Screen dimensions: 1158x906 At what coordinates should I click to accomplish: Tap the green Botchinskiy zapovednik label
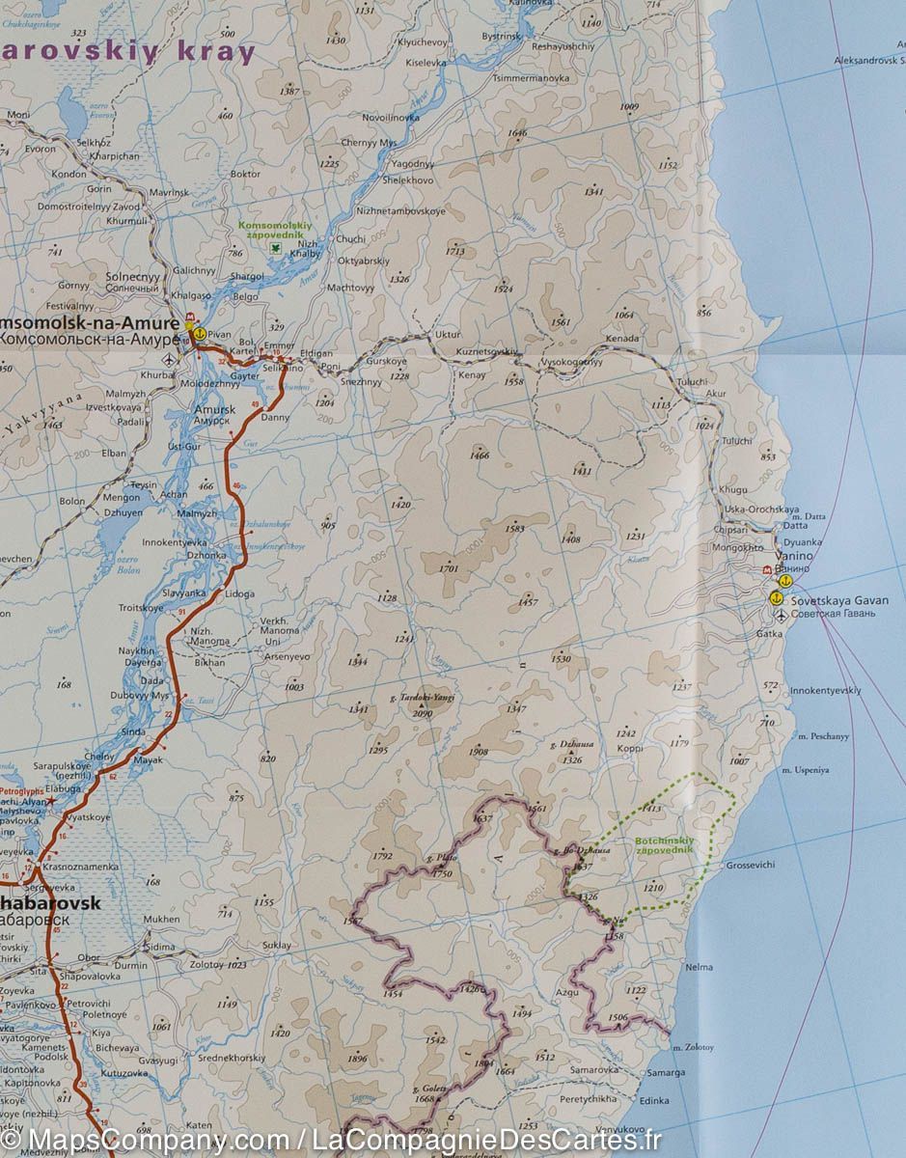pyautogui.click(x=664, y=845)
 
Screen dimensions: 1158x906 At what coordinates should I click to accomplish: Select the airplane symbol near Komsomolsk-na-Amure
pyautogui.click(x=171, y=360)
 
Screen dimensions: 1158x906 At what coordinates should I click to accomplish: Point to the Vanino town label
pyautogui.click(x=795, y=557)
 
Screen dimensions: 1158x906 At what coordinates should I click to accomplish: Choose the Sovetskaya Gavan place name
pyautogui.click(x=826, y=600)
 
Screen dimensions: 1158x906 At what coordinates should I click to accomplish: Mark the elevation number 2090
pyautogui.click(x=423, y=714)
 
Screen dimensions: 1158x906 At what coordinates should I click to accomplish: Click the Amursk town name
pyautogui.click(x=214, y=410)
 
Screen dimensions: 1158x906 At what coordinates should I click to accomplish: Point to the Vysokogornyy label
pyautogui.click(x=571, y=362)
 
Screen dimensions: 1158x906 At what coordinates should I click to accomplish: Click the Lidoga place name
pyautogui.click(x=239, y=594)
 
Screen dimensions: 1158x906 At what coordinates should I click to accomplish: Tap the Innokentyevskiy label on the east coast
pyautogui.click(x=825, y=691)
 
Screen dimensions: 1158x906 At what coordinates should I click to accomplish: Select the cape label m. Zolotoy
pyautogui.click(x=692, y=1047)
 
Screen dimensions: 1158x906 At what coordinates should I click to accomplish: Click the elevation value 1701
pyautogui.click(x=448, y=568)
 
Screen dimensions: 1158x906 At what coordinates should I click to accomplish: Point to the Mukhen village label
pyautogui.click(x=161, y=920)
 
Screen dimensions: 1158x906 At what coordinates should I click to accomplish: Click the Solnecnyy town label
pyautogui.click(x=132, y=277)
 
